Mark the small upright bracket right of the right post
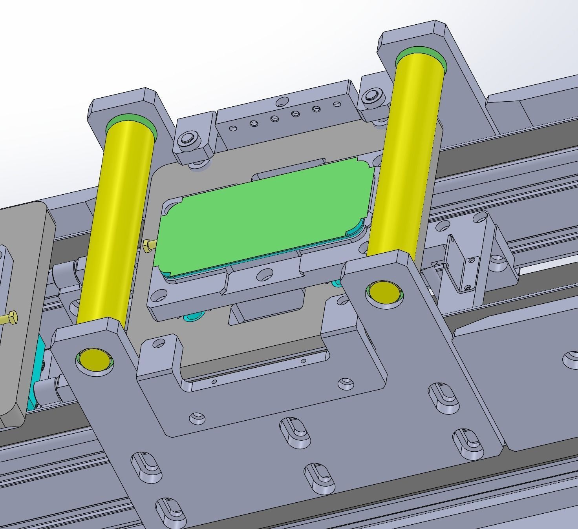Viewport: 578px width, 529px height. (463, 267)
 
